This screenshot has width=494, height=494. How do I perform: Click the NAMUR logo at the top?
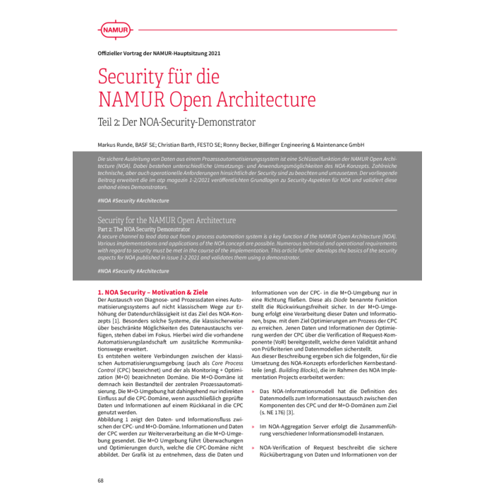115,30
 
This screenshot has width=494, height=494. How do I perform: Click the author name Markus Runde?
116,144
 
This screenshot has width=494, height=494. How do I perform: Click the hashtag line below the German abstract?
133,200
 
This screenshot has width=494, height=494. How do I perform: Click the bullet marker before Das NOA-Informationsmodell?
254,390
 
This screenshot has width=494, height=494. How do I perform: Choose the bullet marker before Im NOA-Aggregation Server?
254,427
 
